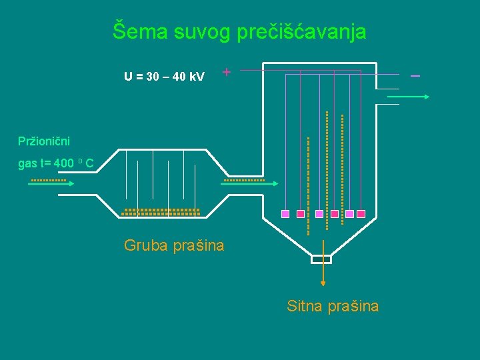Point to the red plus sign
coord(227,71)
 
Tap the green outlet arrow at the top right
coord(408,97)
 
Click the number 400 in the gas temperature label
coord(64,163)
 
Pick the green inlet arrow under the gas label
coord(52,184)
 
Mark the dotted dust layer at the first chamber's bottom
coord(161,212)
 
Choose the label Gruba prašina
coord(174,245)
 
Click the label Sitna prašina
coord(333,306)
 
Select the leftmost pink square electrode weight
coord(285,214)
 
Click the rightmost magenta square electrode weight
coord(361,214)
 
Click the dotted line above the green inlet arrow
coord(49,180)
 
